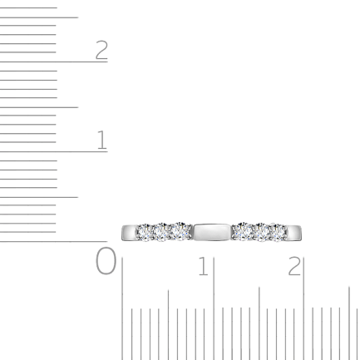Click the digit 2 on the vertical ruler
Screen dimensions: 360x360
(x=101, y=50)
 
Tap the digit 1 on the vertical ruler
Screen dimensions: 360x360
(x=102, y=140)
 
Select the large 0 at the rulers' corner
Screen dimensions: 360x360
(x=106, y=261)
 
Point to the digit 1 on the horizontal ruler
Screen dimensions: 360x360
(x=204, y=266)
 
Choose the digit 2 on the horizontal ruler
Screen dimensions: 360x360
(x=294, y=266)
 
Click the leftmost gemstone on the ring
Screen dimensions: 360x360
(x=144, y=232)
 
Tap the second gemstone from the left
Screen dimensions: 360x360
(x=161, y=232)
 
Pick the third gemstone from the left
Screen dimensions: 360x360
(x=180, y=231)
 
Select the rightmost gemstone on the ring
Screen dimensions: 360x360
(x=279, y=232)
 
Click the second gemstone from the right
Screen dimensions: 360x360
(x=261, y=232)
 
